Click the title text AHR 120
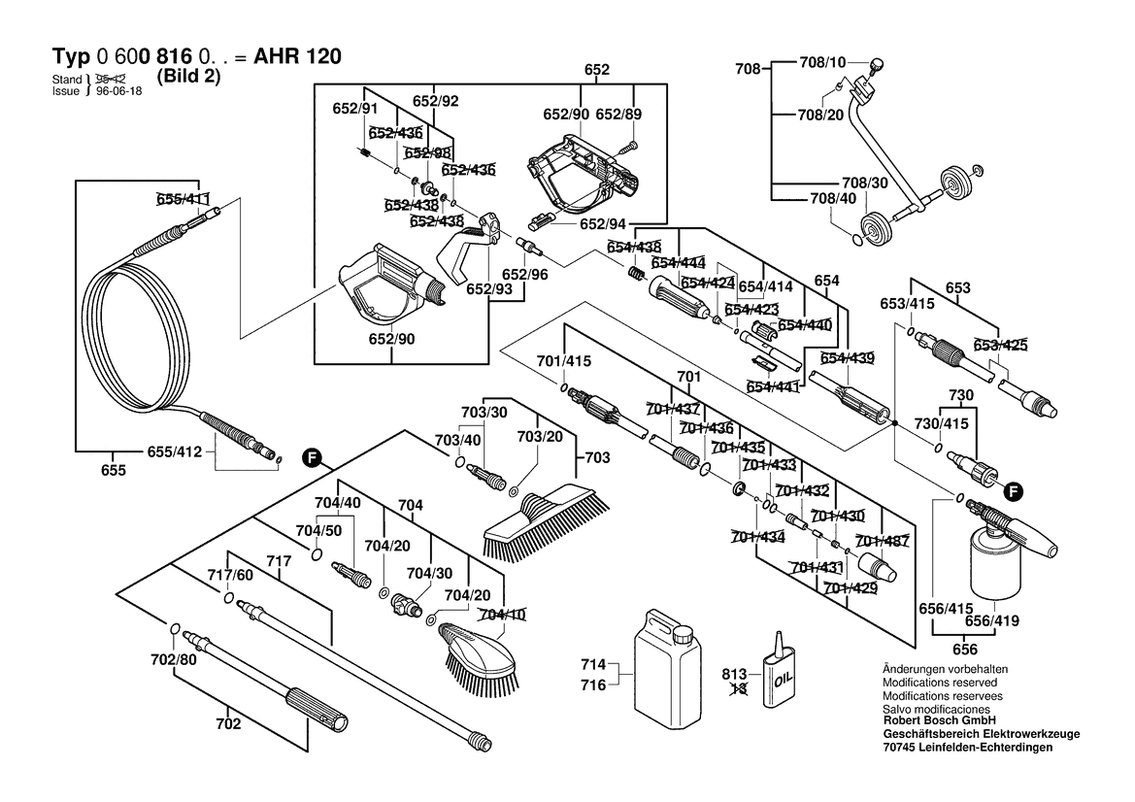(296, 57)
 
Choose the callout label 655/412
(178, 451)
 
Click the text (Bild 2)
(187, 77)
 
